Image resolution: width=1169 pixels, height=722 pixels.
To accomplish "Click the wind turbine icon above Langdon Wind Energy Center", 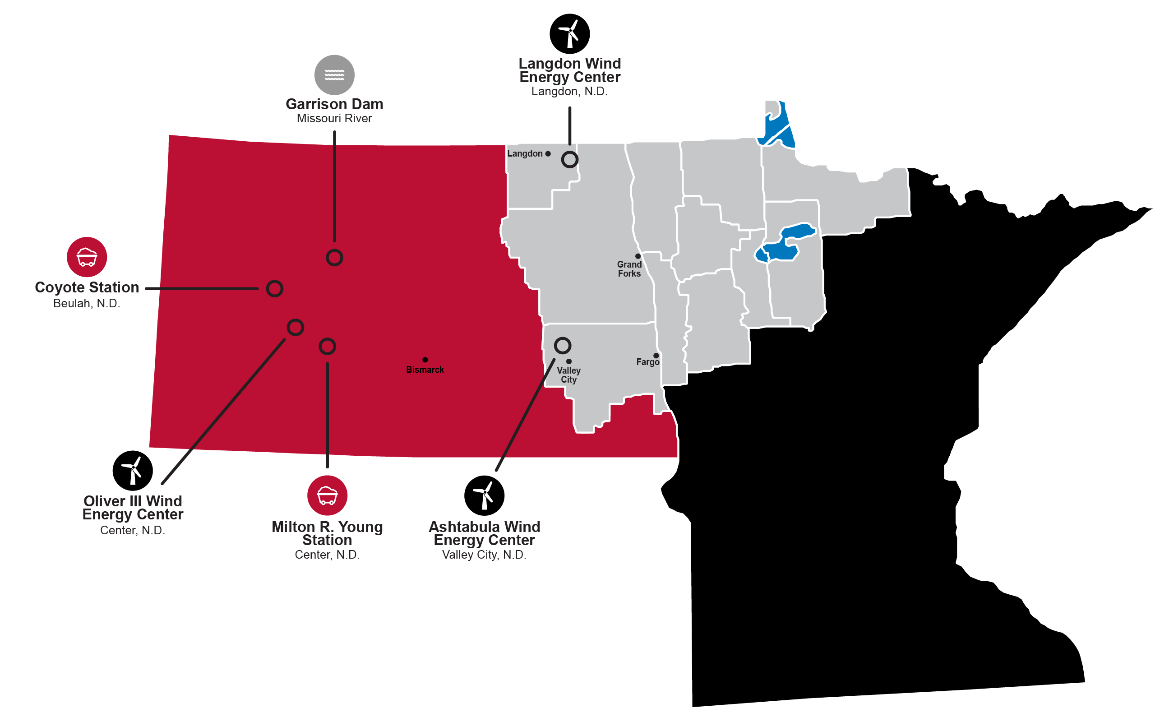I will point(569,34).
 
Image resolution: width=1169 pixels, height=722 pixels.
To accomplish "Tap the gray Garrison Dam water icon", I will point(334,75).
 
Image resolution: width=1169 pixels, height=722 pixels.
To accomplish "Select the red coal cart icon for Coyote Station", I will point(87,257).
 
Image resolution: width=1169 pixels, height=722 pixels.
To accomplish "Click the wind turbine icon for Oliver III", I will point(133,470).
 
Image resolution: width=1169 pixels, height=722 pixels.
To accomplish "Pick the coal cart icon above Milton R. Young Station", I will point(327,495).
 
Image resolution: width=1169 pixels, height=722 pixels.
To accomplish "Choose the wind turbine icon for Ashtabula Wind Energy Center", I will point(484,495).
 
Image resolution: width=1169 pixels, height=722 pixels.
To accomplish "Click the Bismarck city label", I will point(425,370).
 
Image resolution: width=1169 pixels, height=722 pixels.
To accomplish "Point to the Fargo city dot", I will point(656,356).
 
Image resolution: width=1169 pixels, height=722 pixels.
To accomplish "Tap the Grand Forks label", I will point(629,269).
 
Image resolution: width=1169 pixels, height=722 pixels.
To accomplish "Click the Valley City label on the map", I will point(568,375).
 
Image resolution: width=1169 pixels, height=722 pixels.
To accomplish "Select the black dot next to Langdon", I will point(548,154).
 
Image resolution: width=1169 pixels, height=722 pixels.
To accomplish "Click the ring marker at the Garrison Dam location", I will point(334,258).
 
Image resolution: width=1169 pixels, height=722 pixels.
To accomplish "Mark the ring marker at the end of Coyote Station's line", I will point(274,289).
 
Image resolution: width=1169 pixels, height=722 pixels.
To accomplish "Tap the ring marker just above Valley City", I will point(562,345).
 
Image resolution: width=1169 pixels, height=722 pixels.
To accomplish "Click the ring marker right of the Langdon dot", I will point(569,159).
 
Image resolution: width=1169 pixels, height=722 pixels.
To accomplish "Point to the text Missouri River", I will point(334,118).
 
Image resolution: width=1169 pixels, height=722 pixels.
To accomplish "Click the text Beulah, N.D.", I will point(86,303).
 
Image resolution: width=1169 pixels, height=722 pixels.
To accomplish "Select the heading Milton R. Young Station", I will point(327,533).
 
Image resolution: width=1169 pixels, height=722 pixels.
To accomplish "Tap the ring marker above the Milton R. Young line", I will point(327,346).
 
